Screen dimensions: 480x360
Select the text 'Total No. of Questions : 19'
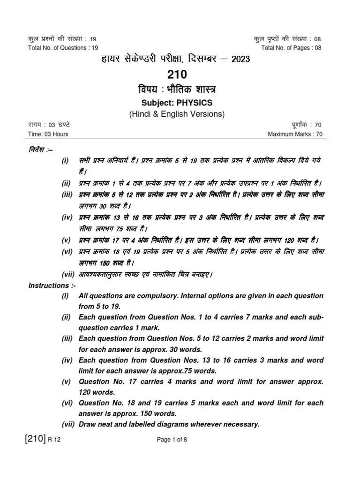tap(63, 48)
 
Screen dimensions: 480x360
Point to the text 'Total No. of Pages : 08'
tap(292, 48)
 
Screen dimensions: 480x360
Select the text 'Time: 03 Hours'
tap(48, 134)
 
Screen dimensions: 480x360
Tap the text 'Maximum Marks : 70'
tap(295, 134)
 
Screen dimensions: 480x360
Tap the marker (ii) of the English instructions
tap(67, 317)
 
